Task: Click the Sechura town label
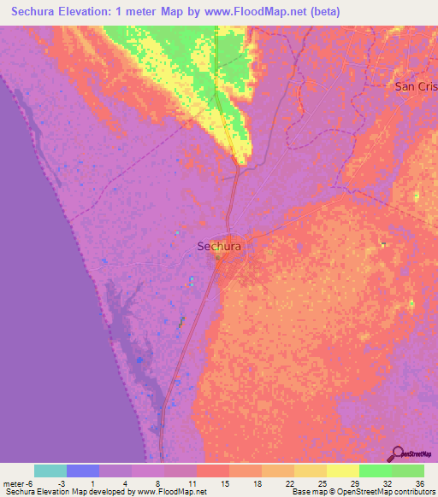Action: tap(220, 246)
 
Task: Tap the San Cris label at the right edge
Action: tap(416, 86)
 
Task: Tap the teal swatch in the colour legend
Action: tap(50, 471)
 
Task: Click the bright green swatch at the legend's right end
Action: tap(407, 471)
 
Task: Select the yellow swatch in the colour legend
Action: tap(342, 471)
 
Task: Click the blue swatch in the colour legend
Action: tap(83, 471)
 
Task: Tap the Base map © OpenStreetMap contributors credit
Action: tap(364, 491)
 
